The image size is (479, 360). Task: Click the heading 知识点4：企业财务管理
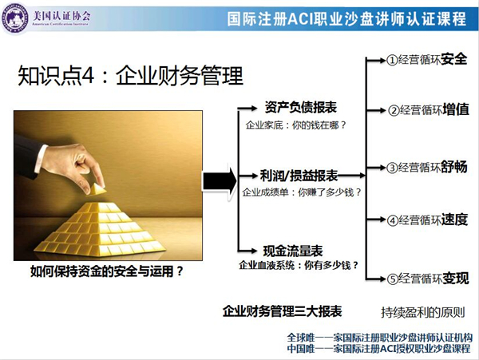[130, 75]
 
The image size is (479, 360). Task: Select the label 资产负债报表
[301, 108]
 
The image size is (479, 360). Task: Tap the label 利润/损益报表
[299, 176]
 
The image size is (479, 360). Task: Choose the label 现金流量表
[293, 251]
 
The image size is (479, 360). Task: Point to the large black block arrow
[220, 182]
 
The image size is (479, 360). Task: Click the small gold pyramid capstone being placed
[97, 189]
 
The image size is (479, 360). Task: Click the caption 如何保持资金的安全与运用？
[107, 271]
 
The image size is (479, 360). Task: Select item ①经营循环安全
[427, 59]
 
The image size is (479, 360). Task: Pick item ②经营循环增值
[428, 109]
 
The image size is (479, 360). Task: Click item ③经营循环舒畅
[427, 167]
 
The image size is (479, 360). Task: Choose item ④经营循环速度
[427, 220]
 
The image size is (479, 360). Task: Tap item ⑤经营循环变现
[428, 278]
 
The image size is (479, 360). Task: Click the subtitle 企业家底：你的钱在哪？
[295, 125]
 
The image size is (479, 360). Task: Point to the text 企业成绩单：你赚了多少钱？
[302, 192]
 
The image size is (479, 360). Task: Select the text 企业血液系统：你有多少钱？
[299, 265]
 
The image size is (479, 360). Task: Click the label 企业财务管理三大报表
[283, 311]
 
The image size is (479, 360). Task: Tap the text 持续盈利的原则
[423, 312]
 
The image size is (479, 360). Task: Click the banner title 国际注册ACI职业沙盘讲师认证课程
[346, 18]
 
